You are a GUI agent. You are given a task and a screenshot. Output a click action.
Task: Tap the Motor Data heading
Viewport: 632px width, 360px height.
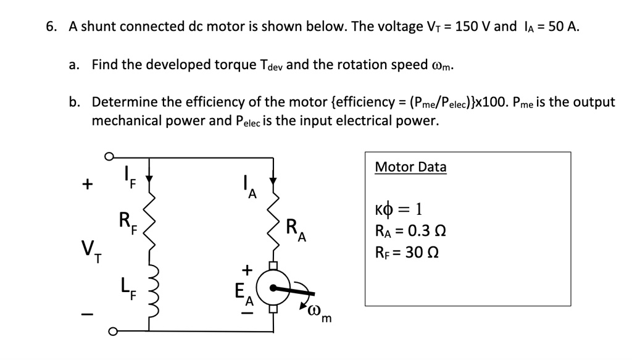[410, 167]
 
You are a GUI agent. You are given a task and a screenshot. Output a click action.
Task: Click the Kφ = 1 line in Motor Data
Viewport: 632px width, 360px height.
[398, 209]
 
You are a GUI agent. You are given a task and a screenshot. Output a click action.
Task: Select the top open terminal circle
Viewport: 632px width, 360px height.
[109, 157]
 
